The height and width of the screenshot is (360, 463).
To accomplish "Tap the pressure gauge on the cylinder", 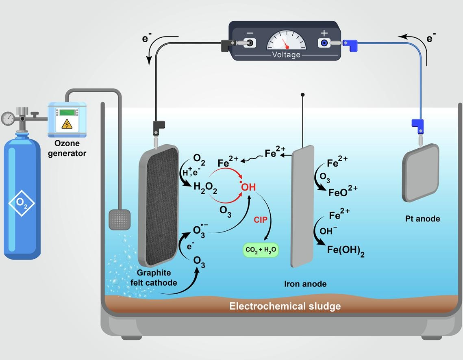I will pyautogui.click(x=7, y=118).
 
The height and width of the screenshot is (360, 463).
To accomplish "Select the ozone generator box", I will pyautogui.click(x=67, y=119).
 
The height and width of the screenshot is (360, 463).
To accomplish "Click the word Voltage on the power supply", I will pyautogui.click(x=286, y=55).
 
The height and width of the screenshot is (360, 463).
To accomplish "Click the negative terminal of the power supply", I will pyautogui.click(x=250, y=43).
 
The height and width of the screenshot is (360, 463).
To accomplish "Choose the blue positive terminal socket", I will pyautogui.click(x=324, y=43).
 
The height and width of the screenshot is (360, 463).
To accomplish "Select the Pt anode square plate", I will pyautogui.click(x=421, y=172).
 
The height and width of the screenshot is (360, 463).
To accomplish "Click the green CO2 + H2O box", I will pyautogui.click(x=261, y=250).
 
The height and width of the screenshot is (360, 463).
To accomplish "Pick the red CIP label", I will pyautogui.click(x=261, y=220).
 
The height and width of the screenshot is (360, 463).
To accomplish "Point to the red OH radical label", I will pyautogui.click(x=248, y=187).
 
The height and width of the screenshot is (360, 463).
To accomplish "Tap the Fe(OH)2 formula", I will pyautogui.click(x=346, y=250).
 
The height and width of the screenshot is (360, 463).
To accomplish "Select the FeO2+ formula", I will pyautogui.click(x=343, y=192).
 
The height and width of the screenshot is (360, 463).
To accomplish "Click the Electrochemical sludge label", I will pyautogui.click(x=285, y=306).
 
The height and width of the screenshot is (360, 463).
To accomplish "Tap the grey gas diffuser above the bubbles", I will pyautogui.click(x=120, y=219).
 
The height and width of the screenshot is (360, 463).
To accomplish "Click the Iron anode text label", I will pyautogui.click(x=305, y=284).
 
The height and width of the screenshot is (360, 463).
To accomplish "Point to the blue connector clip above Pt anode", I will pyautogui.click(x=418, y=124).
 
